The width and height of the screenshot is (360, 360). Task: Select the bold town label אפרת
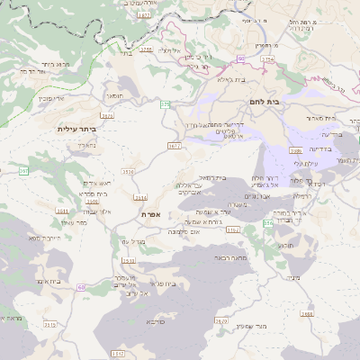[x=149, y=214]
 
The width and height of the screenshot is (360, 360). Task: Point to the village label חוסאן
[x=118, y=94]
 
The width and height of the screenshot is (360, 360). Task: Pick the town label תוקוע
[x=286, y=245]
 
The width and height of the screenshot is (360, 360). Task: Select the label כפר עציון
[x=67, y=221]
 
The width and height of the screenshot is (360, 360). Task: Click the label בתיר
[x=125, y=52]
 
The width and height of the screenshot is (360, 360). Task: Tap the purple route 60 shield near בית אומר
[x=81, y=286]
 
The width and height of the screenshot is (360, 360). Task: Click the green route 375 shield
[x=165, y=104]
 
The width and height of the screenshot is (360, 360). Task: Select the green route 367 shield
[x=23, y=170]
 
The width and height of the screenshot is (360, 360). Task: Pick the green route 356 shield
[x=267, y=222]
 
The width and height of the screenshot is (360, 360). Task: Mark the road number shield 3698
[x=308, y=313]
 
